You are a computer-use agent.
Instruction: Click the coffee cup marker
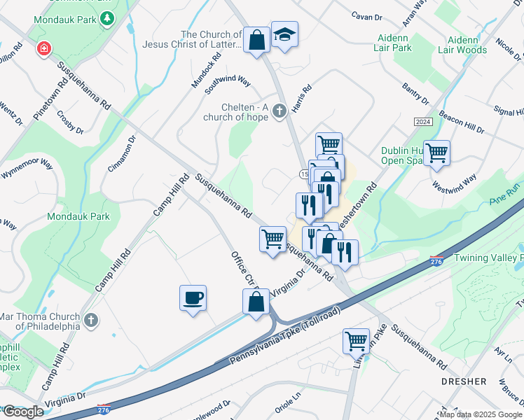pyautogui.click(x=193, y=297)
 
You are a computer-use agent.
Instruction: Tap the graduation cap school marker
pyautogui.click(x=284, y=35)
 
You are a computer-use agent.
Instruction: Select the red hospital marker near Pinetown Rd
pyautogui.click(x=43, y=50)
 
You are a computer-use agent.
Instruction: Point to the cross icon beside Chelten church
pyautogui.click(x=279, y=111)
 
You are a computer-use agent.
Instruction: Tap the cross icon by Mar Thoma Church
pyautogui.click(x=90, y=321)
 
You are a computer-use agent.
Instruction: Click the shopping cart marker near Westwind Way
pyautogui.click(x=436, y=153)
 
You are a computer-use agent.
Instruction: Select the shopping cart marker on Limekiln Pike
pyautogui.click(x=356, y=342)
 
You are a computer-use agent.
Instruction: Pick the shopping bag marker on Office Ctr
pyautogui.click(x=256, y=302)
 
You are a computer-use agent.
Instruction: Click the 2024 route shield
pyautogui.click(x=422, y=121)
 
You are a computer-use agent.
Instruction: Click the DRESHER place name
pyautogui.click(x=464, y=381)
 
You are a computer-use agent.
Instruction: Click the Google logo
pyautogui.click(x=22, y=412)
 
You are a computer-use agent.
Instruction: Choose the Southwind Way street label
pyautogui.click(x=228, y=85)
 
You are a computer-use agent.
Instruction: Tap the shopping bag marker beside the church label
pyautogui.click(x=256, y=40)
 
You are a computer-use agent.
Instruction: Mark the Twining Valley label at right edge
pyautogui.click(x=488, y=258)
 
